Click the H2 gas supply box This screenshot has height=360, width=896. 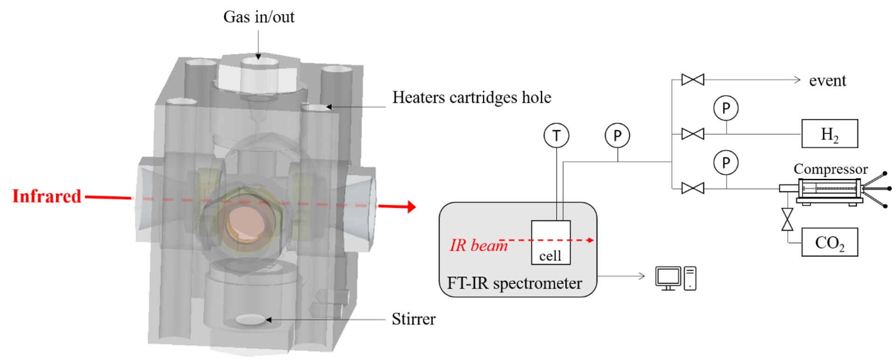[829, 134]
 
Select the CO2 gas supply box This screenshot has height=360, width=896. [829, 242]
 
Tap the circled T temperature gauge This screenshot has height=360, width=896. [556, 135]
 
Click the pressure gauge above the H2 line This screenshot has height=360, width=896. [726, 108]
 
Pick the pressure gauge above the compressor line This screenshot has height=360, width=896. [726, 162]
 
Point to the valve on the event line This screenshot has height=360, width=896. [693, 80]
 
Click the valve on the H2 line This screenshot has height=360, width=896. [693, 134]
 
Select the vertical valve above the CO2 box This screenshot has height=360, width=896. [787, 219]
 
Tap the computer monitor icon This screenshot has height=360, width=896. [668, 278]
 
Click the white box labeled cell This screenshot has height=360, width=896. [551, 242]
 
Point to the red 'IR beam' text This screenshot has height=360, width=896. [478, 245]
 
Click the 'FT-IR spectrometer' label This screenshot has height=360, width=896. [515, 283]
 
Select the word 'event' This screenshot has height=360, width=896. [827, 80]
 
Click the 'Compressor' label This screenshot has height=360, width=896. [831, 169]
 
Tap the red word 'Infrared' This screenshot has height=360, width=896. [47, 196]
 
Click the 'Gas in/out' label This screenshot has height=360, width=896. [259, 17]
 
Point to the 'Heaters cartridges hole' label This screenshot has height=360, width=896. [472, 97]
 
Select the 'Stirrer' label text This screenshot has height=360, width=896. [413, 319]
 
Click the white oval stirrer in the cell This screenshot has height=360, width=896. [251, 319]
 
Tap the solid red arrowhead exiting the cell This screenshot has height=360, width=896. [411, 206]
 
